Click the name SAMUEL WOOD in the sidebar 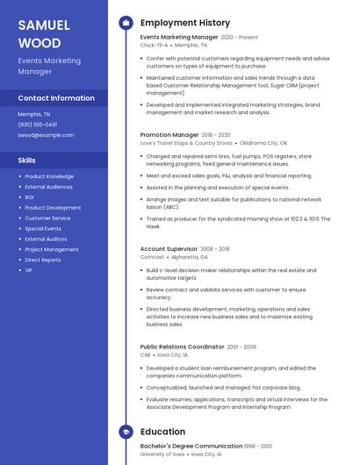click(40, 34)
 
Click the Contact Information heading click(56, 98)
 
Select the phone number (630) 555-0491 click(38, 125)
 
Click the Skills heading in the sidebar click(27, 161)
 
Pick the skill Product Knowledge click(49, 176)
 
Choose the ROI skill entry click(30, 197)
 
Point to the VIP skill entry click(29, 270)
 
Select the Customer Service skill click(47, 218)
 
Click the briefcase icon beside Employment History click(126, 23)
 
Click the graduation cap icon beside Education click(126, 432)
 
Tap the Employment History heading click(184, 23)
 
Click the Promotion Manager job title click(169, 135)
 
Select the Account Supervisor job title click(169, 249)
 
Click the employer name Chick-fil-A click(155, 45)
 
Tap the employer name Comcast click(152, 257)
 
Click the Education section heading click(162, 432)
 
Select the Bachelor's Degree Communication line click(191, 447)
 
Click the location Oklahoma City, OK click(263, 143)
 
